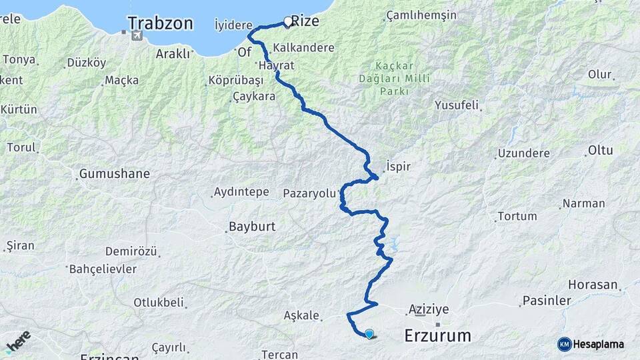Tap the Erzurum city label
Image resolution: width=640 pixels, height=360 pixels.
pos(437,335)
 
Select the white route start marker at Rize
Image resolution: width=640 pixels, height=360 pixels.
pos(288,22)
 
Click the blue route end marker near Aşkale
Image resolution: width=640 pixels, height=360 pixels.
pos(369,333)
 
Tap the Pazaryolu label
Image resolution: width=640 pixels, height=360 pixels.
pos(310,193)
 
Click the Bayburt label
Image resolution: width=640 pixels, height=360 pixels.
pos(252,227)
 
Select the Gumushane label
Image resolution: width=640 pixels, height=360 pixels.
pos(114,174)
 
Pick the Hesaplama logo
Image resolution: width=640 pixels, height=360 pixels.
pos(591,344)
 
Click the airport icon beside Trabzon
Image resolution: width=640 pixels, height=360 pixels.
pos(136,35)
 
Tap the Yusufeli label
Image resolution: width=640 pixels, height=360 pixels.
pos(456,105)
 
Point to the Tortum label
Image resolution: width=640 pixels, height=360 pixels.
pos(517,216)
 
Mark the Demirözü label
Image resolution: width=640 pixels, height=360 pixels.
pos(131,252)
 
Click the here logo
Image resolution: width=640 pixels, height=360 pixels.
pos(18,341)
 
